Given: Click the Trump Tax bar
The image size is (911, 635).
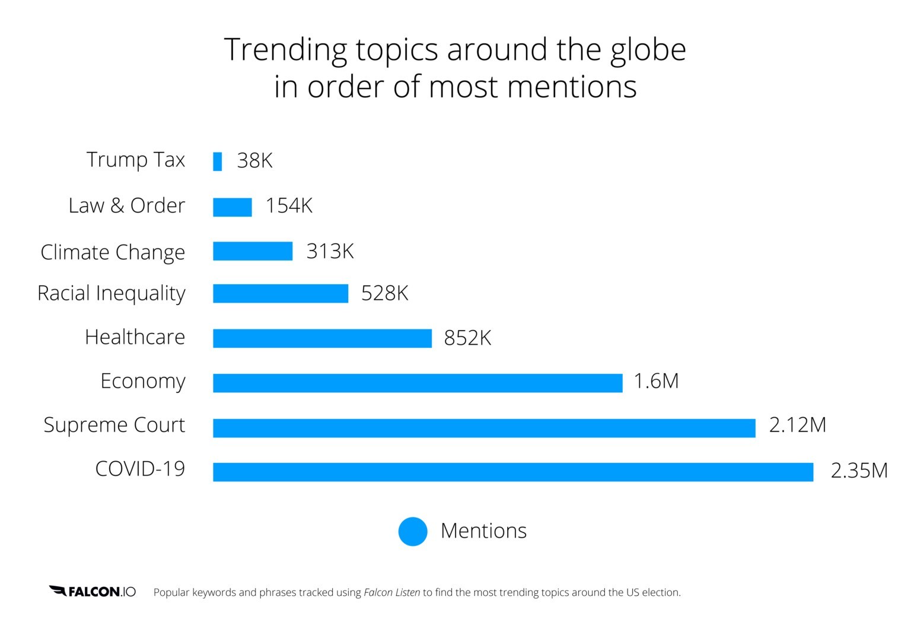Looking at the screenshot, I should click(217, 161).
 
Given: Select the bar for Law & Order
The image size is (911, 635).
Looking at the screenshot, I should click(232, 207).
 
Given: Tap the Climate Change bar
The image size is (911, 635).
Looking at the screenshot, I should click(253, 251).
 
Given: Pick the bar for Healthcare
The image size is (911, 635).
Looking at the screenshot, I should click(322, 338).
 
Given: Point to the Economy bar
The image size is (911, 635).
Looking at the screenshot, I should click(418, 383).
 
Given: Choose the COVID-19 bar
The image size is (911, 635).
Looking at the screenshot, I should click(513, 472).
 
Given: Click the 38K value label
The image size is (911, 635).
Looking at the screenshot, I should click(254, 161).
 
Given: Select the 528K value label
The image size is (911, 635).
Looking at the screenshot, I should click(384, 293).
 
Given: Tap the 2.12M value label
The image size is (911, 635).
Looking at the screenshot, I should click(797, 425).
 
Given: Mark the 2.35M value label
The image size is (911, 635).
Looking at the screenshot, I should click(859, 471).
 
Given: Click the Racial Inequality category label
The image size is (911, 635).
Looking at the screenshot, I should click(112, 293).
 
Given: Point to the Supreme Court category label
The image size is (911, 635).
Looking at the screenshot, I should click(114, 425).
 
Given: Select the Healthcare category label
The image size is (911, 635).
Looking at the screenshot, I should click(135, 337).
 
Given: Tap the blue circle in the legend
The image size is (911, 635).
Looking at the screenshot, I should click(413, 531).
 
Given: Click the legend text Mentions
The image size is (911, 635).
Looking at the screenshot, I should click(483, 531).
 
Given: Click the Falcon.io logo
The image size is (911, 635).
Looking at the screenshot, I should click(93, 592).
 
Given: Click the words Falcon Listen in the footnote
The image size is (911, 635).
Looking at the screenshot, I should click(391, 592).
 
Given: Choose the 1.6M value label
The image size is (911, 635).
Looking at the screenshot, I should click(656, 381).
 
